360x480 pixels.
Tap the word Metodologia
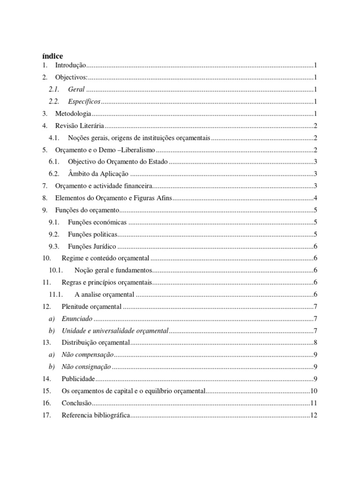click(x=73, y=114)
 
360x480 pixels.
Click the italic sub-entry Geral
click(x=76, y=90)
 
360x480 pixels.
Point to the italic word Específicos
click(x=84, y=102)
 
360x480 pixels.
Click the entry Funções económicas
click(x=97, y=223)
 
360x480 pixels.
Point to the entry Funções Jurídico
click(x=92, y=247)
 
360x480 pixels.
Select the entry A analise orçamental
click(x=104, y=295)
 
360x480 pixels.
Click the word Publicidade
click(x=78, y=379)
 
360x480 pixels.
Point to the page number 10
click(x=315, y=391)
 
